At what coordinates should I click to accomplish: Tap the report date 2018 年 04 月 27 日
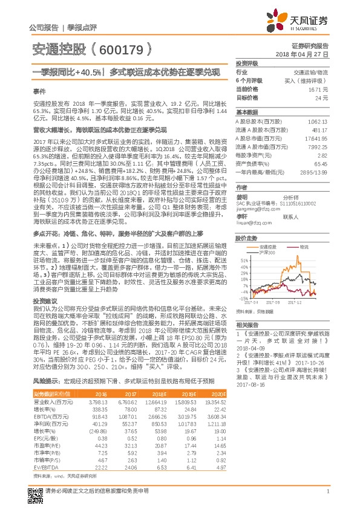coord(310,54)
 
